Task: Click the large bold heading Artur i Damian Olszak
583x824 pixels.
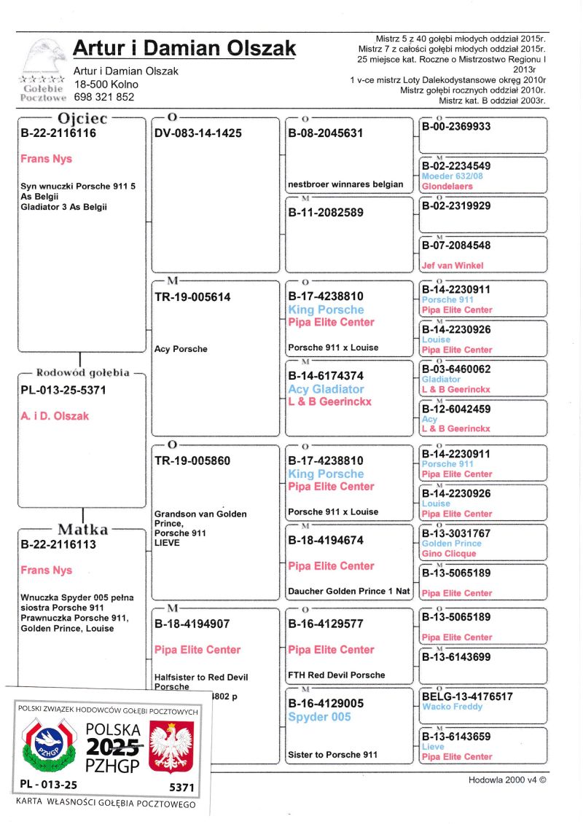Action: [x=184, y=49]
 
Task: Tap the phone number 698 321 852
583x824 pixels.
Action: [x=104, y=97]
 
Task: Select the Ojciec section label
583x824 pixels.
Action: [x=82, y=118]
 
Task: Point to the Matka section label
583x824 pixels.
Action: [x=83, y=530]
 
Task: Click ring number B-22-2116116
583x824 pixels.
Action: [x=58, y=133]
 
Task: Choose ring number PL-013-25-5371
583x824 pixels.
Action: [x=64, y=391]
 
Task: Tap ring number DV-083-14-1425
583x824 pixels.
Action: [x=198, y=133]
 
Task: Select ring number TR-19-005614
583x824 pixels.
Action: [x=193, y=297]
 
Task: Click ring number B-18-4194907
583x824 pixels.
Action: [x=195, y=624]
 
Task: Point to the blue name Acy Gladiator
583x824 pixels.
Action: [x=326, y=390]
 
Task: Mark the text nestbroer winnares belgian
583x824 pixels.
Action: [x=345, y=184]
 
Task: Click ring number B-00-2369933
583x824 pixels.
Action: [x=456, y=127]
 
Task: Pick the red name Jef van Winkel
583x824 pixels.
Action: [x=453, y=266]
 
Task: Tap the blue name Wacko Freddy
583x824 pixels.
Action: [x=452, y=707]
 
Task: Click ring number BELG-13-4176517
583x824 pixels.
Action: [x=467, y=697]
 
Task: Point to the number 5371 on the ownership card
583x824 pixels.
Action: [x=181, y=788]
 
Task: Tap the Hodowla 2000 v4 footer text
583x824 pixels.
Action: [x=506, y=780]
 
